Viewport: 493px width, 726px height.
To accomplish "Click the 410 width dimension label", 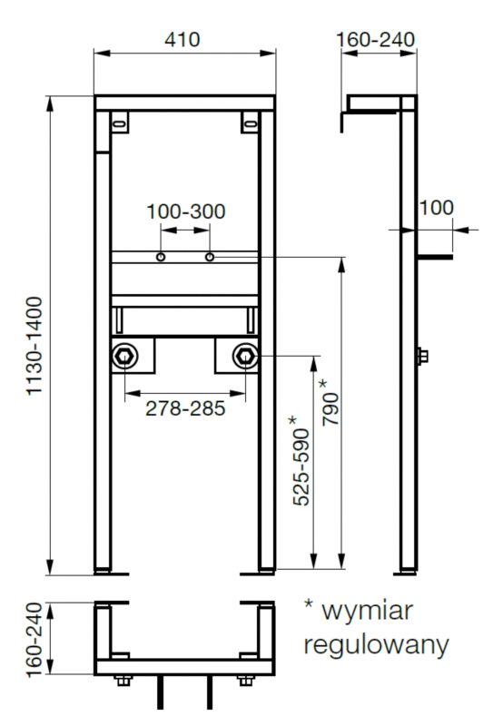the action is coord(182,39).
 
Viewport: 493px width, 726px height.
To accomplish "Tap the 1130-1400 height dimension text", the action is coord(35,347).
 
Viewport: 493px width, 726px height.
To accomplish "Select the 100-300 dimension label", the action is coord(186,211).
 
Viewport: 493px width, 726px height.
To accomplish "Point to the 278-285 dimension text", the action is coord(185,408).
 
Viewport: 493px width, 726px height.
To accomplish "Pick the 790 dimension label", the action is coord(331,403).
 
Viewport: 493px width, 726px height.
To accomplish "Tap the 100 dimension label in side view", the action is coord(436,208).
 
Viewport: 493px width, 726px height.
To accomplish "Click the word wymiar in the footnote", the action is coord(368,611).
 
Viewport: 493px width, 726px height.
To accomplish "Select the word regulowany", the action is coord(376,645).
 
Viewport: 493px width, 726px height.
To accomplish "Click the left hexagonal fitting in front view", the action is coord(124,356).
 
